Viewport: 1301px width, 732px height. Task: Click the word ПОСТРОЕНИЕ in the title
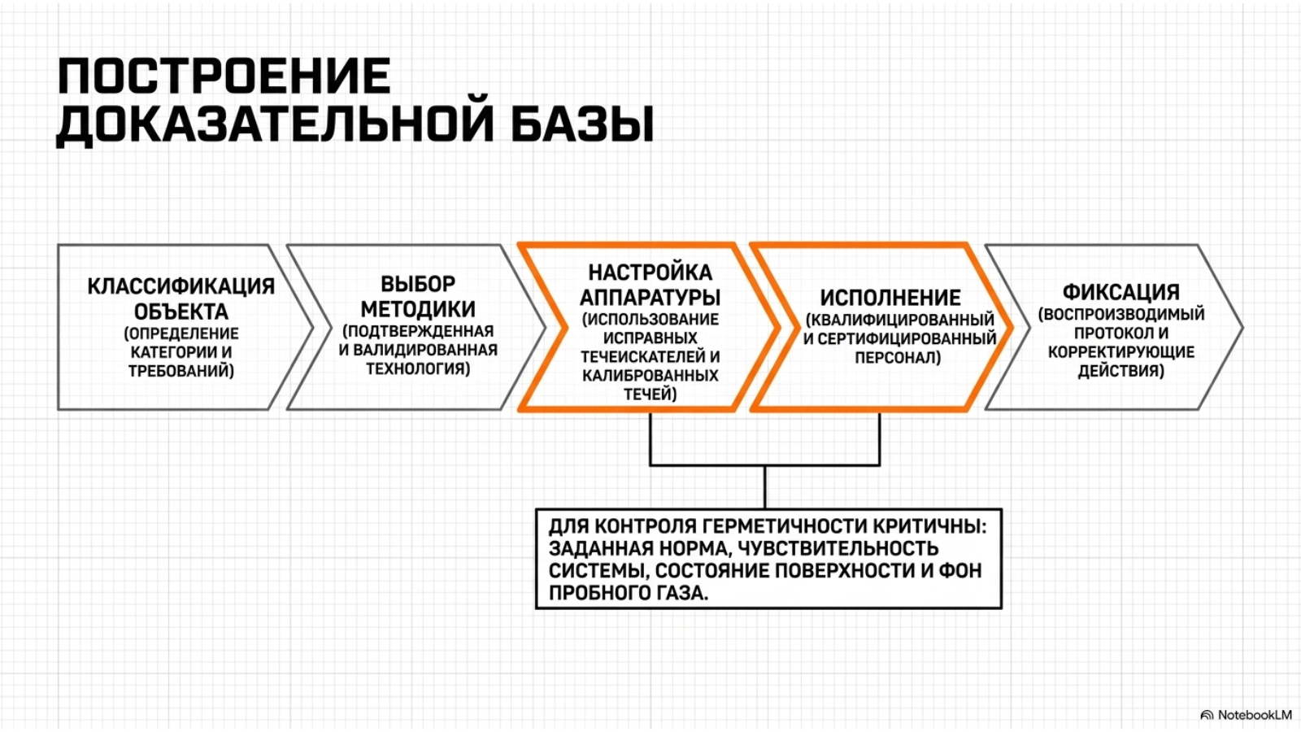(224, 76)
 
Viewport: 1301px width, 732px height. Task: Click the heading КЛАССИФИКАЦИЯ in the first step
(181, 286)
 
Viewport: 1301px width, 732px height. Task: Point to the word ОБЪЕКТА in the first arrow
(181, 312)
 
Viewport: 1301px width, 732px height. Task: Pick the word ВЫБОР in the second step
(418, 284)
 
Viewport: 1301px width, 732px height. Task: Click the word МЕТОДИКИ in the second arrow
(418, 309)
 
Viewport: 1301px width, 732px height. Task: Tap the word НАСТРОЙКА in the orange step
(650, 272)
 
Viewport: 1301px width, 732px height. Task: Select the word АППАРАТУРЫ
(650, 298)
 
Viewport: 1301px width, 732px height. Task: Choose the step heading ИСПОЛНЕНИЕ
(890, 298)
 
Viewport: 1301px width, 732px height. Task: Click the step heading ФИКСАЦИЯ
(1121, 292)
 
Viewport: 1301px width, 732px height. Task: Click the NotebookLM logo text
(1255, 715)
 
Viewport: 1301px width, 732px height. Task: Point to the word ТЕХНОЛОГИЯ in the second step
(418, 369)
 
